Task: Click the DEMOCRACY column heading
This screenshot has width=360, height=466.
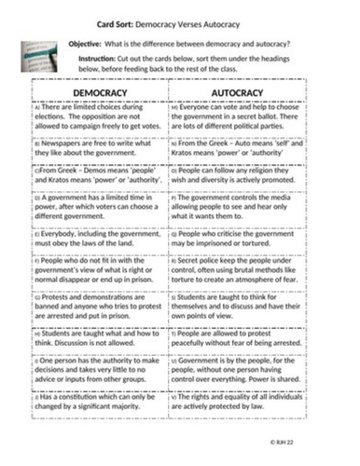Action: click(x=99, y=94)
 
